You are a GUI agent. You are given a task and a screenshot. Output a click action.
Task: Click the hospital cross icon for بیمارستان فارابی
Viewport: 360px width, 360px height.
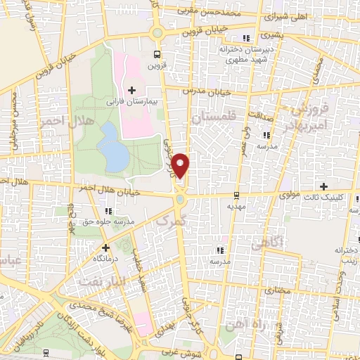(x=131, y=89)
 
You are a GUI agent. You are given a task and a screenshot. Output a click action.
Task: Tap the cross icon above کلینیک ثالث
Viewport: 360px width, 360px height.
(x=323, y=186)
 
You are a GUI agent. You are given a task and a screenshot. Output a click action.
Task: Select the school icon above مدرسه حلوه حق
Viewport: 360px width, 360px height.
(x=107, y=211)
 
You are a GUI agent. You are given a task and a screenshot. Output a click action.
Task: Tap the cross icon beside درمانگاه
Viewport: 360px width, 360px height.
(x=105, y=247)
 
